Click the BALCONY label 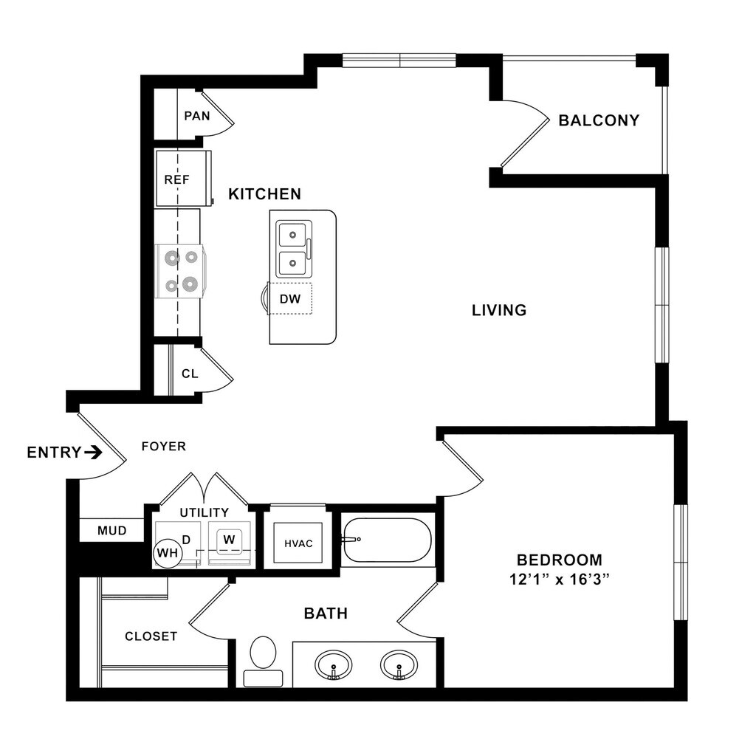(x=599, y=120)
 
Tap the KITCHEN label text (x=264, y=194)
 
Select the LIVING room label (x=499, y=310)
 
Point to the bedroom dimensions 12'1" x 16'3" (x=559, y=580)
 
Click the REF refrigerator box (x=177, y=179)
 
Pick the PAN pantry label (x=196, y=116)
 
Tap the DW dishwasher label (x=289, y=299)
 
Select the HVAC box (x=298, y=543)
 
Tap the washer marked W (x=230, y=540)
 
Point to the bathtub (x=386, y=540)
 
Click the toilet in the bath (x=263, y=659)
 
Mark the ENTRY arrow (x=93, y=453)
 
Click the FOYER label (x=163, y=447)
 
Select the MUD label (x=112, y=530)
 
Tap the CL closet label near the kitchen (x=190, y=374)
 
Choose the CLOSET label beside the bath (x=151, y=636)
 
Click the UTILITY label (x=205, y=512)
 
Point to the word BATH (x=326, y=613)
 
